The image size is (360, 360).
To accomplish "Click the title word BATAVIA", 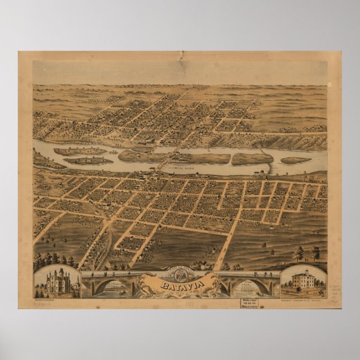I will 179,287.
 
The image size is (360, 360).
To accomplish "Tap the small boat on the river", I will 112,152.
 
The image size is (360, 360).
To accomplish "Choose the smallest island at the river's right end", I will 296,160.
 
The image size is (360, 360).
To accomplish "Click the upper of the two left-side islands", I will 80,151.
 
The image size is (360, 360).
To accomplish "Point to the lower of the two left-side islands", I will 88,161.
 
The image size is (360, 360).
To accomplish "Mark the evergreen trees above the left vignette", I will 53,260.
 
